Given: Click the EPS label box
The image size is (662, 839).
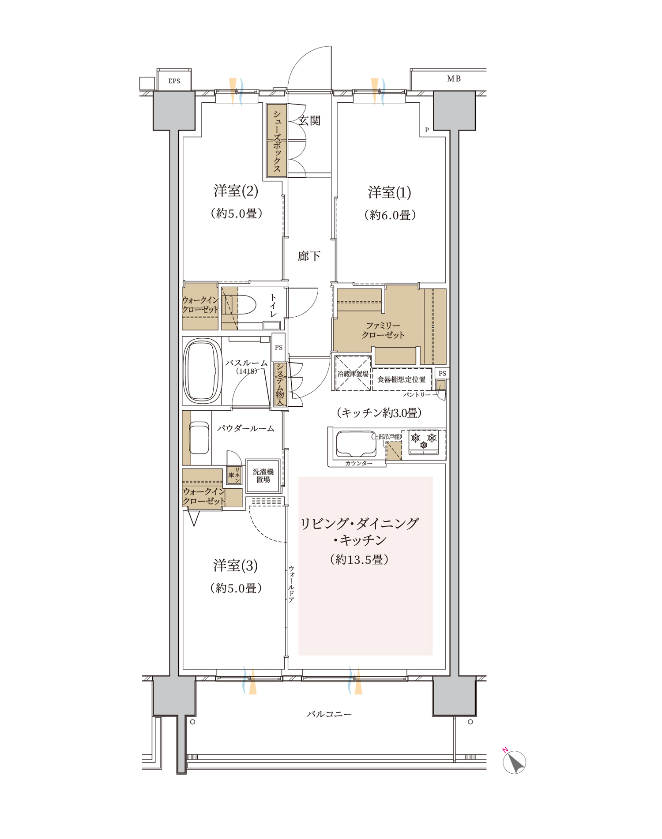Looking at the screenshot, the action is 174,80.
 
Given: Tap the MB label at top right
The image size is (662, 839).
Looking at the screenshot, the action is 454,79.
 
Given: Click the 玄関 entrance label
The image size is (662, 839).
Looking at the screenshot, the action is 309,120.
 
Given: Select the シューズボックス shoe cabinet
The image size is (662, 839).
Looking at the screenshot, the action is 277,140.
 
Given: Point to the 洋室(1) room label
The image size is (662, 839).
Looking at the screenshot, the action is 389,192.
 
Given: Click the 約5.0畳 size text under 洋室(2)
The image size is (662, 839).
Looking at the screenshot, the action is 237,213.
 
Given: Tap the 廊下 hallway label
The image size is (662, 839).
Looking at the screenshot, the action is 309,256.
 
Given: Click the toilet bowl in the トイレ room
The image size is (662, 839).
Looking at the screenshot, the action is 240,305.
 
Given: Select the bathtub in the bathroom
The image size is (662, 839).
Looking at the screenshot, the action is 202,371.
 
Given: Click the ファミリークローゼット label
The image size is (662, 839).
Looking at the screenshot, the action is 383,330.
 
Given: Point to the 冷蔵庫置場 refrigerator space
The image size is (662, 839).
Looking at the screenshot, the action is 353,374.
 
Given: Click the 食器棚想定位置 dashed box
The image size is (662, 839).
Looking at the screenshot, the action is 402,379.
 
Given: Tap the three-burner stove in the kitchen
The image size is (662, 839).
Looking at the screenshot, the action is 424,442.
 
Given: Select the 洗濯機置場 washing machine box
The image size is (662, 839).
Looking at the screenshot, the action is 263,476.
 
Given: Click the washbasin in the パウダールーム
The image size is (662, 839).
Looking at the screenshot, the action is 199,438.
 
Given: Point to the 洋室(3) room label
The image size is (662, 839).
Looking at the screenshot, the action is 235,566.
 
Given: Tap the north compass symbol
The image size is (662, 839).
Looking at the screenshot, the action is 514,762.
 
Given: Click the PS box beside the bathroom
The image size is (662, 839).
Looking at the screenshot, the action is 278,347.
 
